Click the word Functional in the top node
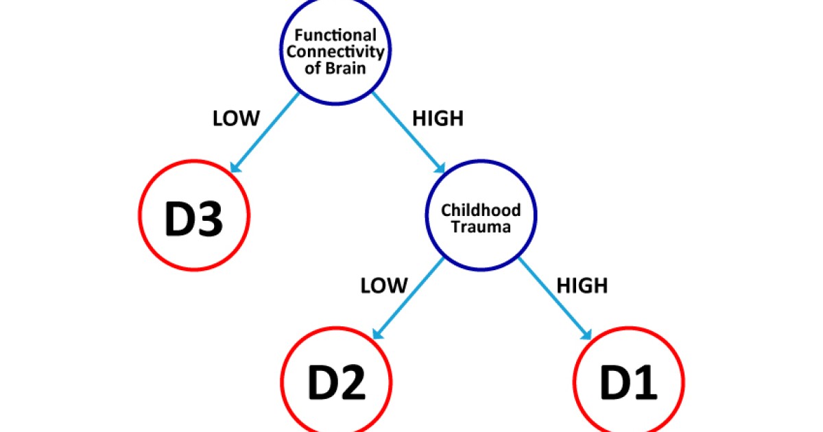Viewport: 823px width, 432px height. click(x=336, y=35)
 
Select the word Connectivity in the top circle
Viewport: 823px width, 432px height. click(x=336, y=53)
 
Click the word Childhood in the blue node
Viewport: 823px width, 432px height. click(x=481, y=210)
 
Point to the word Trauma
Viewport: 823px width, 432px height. click(x=481, y=227)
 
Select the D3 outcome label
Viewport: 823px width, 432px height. click(x=193, y=219)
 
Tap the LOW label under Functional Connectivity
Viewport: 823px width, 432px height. click(x=237, y=119)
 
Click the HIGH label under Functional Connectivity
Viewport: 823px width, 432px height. click(x=438, y=119)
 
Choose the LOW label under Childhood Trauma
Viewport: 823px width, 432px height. click(x=384, y=285)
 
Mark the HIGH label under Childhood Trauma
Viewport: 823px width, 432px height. click(x=582, y=285)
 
